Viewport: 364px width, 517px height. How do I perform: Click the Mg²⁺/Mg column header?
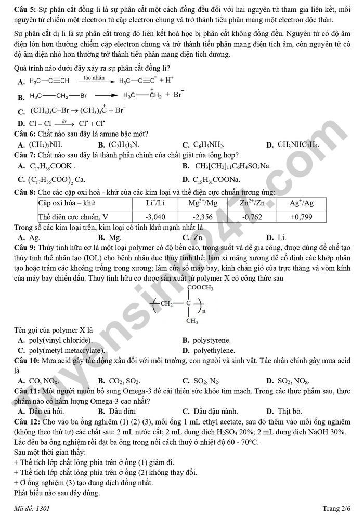point(203,203)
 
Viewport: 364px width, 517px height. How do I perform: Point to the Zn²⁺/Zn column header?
point(252,203)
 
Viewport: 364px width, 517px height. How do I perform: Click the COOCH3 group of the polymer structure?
point(200,287)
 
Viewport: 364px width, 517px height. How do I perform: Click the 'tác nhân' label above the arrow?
point(95,77)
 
